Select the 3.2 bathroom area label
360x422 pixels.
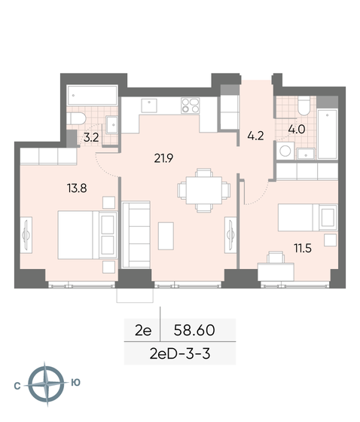point(91,137)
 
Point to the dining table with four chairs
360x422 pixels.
point(200,188)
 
